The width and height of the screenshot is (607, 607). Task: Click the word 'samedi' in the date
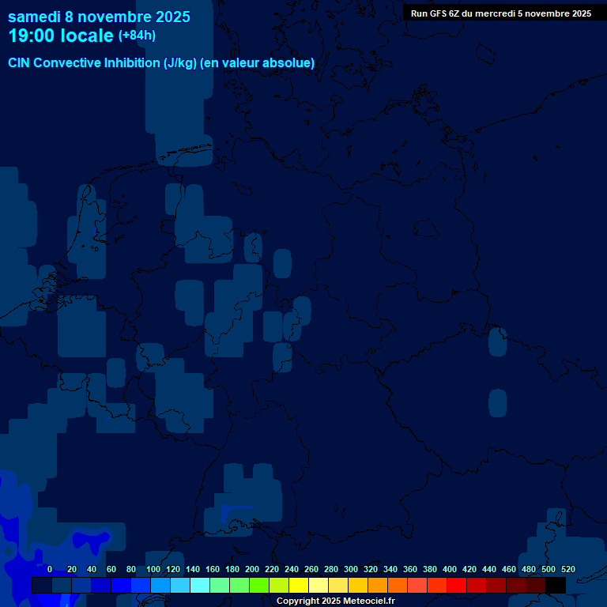[34, 17]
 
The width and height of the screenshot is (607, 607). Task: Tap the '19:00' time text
[32, 36]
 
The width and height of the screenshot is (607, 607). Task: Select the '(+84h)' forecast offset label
[137, 36]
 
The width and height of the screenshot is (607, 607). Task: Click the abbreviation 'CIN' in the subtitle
[20, 63]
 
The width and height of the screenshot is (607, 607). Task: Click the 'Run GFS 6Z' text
[437, 13]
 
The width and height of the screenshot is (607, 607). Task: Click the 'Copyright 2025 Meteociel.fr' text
[335, 601]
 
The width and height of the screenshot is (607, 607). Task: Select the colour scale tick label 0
[50, 569]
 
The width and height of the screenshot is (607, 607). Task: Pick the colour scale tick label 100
[153, 569]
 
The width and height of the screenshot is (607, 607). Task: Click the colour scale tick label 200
[252, 569]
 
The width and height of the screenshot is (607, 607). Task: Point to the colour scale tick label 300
[351, 569]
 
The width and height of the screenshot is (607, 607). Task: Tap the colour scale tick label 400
[450, 569]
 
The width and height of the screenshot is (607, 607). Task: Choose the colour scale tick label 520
[567, 569]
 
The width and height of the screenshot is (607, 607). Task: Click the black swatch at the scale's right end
[556, 585]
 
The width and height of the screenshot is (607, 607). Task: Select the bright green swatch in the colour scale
[259, 585]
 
